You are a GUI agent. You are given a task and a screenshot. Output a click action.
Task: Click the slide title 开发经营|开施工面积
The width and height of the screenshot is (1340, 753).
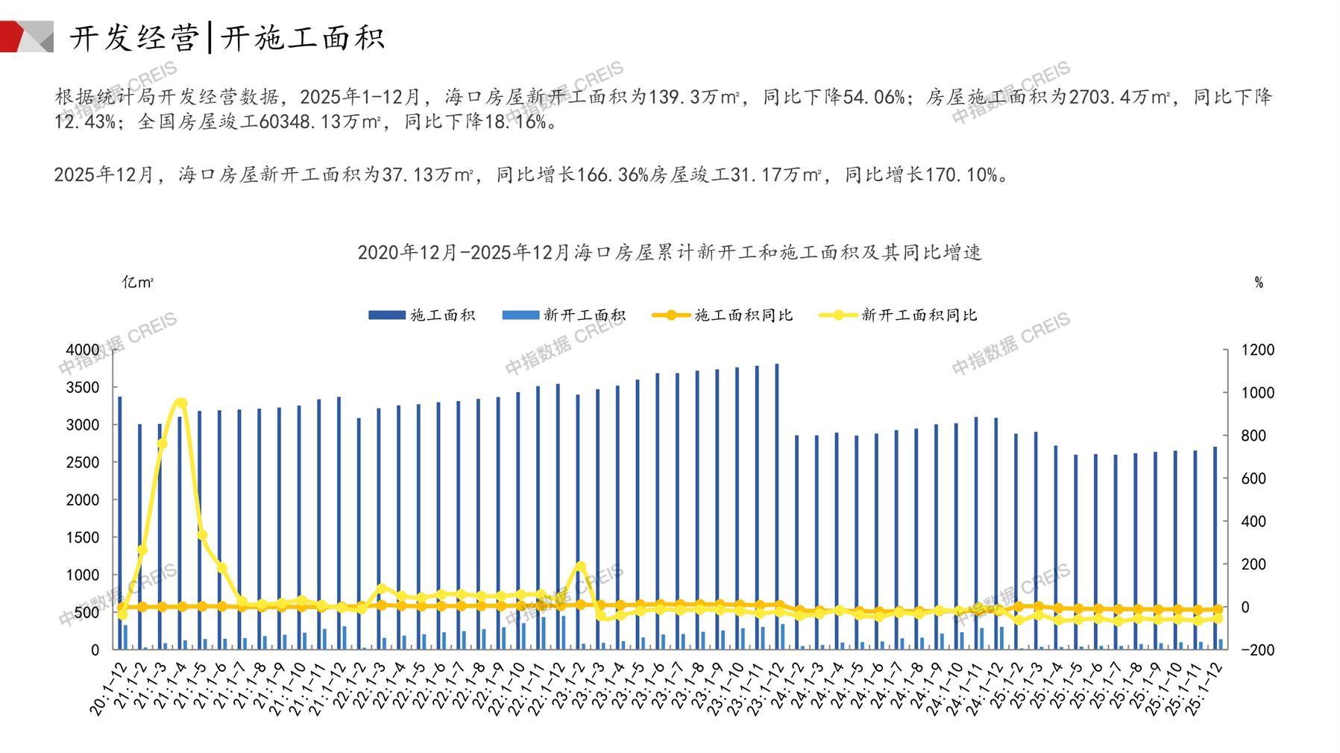tap(227, 38)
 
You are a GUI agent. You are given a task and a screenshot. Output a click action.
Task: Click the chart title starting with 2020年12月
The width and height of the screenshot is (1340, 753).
tap(669, 252)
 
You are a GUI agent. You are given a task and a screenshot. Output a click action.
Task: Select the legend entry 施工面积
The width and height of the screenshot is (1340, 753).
tap(422, 315)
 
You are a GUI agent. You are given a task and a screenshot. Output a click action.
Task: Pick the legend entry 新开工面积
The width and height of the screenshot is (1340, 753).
tap(564, 315)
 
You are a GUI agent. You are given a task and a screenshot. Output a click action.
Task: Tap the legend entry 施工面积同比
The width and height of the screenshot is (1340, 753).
tap(723, 315)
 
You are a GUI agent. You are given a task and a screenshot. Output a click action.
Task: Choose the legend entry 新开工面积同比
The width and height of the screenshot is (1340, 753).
tap(898, 315)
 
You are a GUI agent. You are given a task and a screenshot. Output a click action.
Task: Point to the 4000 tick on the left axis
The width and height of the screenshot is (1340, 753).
tap(82, 350)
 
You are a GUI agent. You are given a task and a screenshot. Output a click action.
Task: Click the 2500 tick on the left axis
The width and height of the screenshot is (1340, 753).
tap(82, 462)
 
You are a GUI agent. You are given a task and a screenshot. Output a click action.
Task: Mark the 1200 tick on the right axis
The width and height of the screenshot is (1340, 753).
tap(1257, 350)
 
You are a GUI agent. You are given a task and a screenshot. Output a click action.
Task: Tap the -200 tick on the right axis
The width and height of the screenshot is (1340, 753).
tap(1257, 650)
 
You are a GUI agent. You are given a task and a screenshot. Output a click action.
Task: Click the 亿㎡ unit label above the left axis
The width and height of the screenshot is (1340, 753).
tap(138, 283)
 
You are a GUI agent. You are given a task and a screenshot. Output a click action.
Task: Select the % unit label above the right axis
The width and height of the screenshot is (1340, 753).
tap(1259, 283)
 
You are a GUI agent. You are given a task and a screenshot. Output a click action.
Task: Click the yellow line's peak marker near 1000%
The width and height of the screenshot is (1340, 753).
tap(180, 403)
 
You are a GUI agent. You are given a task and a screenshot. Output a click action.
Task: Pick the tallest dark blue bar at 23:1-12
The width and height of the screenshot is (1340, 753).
tap(776, 507)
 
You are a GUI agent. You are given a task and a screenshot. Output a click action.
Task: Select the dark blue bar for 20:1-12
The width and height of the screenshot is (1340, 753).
tap(120, 522)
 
